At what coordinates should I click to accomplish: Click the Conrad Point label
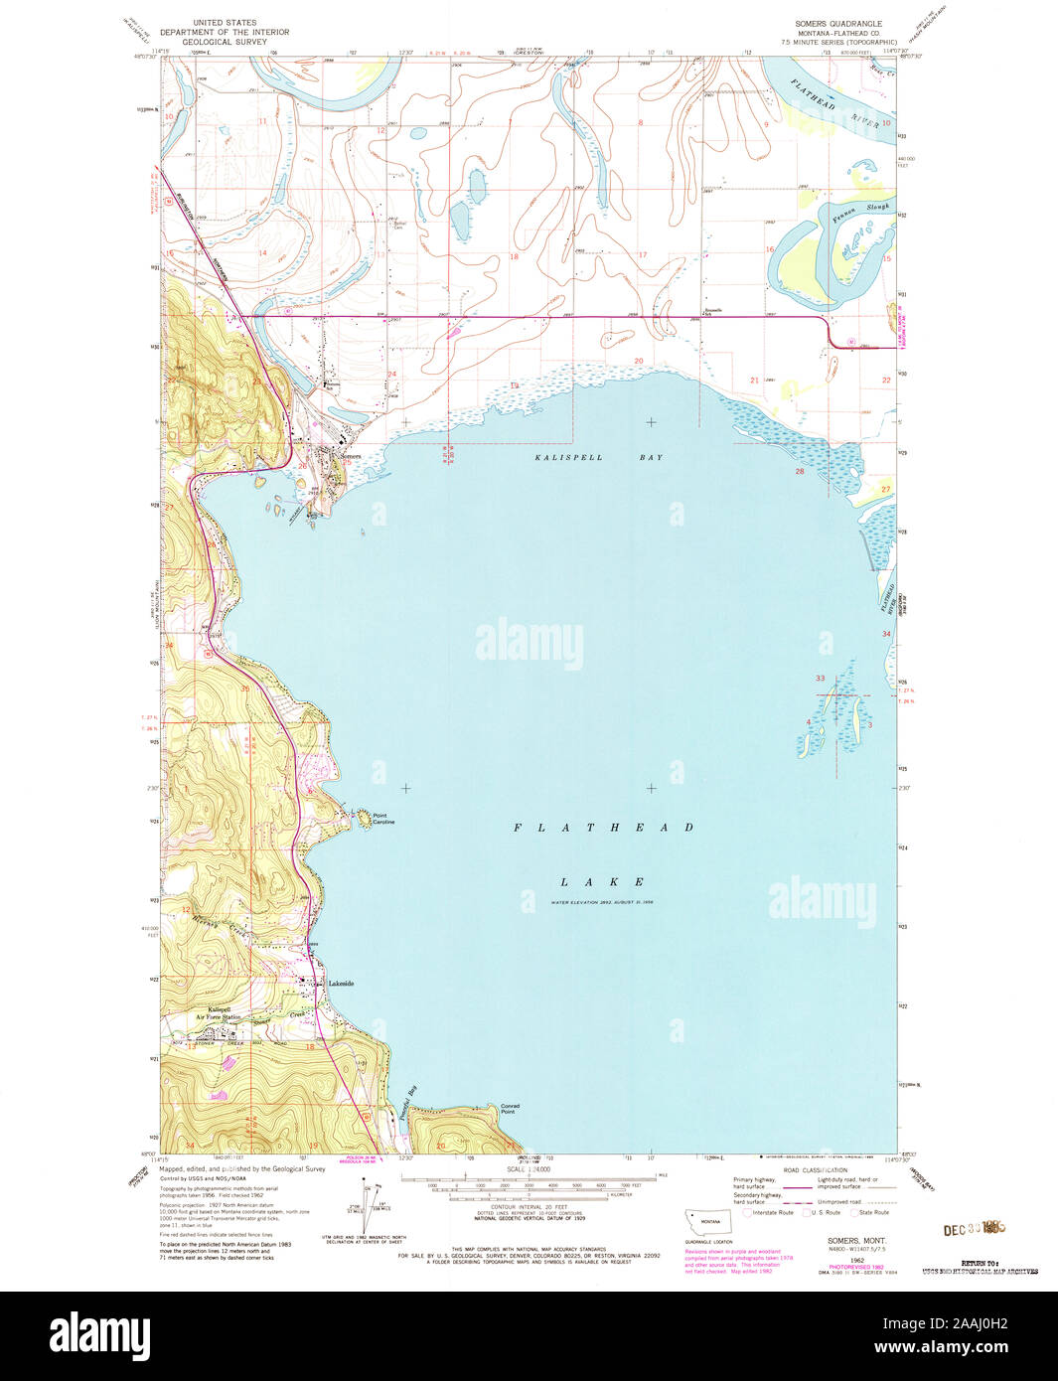click(x=510, y=1109)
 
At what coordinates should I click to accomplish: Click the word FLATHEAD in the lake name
click(x=604, y=827)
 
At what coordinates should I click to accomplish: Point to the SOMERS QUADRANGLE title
click(x=837, y=22)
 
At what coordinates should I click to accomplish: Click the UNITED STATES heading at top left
click(x=224, y=22)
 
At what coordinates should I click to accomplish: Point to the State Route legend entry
click(x=870, y=1212)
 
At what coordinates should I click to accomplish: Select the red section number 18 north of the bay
click(x=514, y=256)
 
